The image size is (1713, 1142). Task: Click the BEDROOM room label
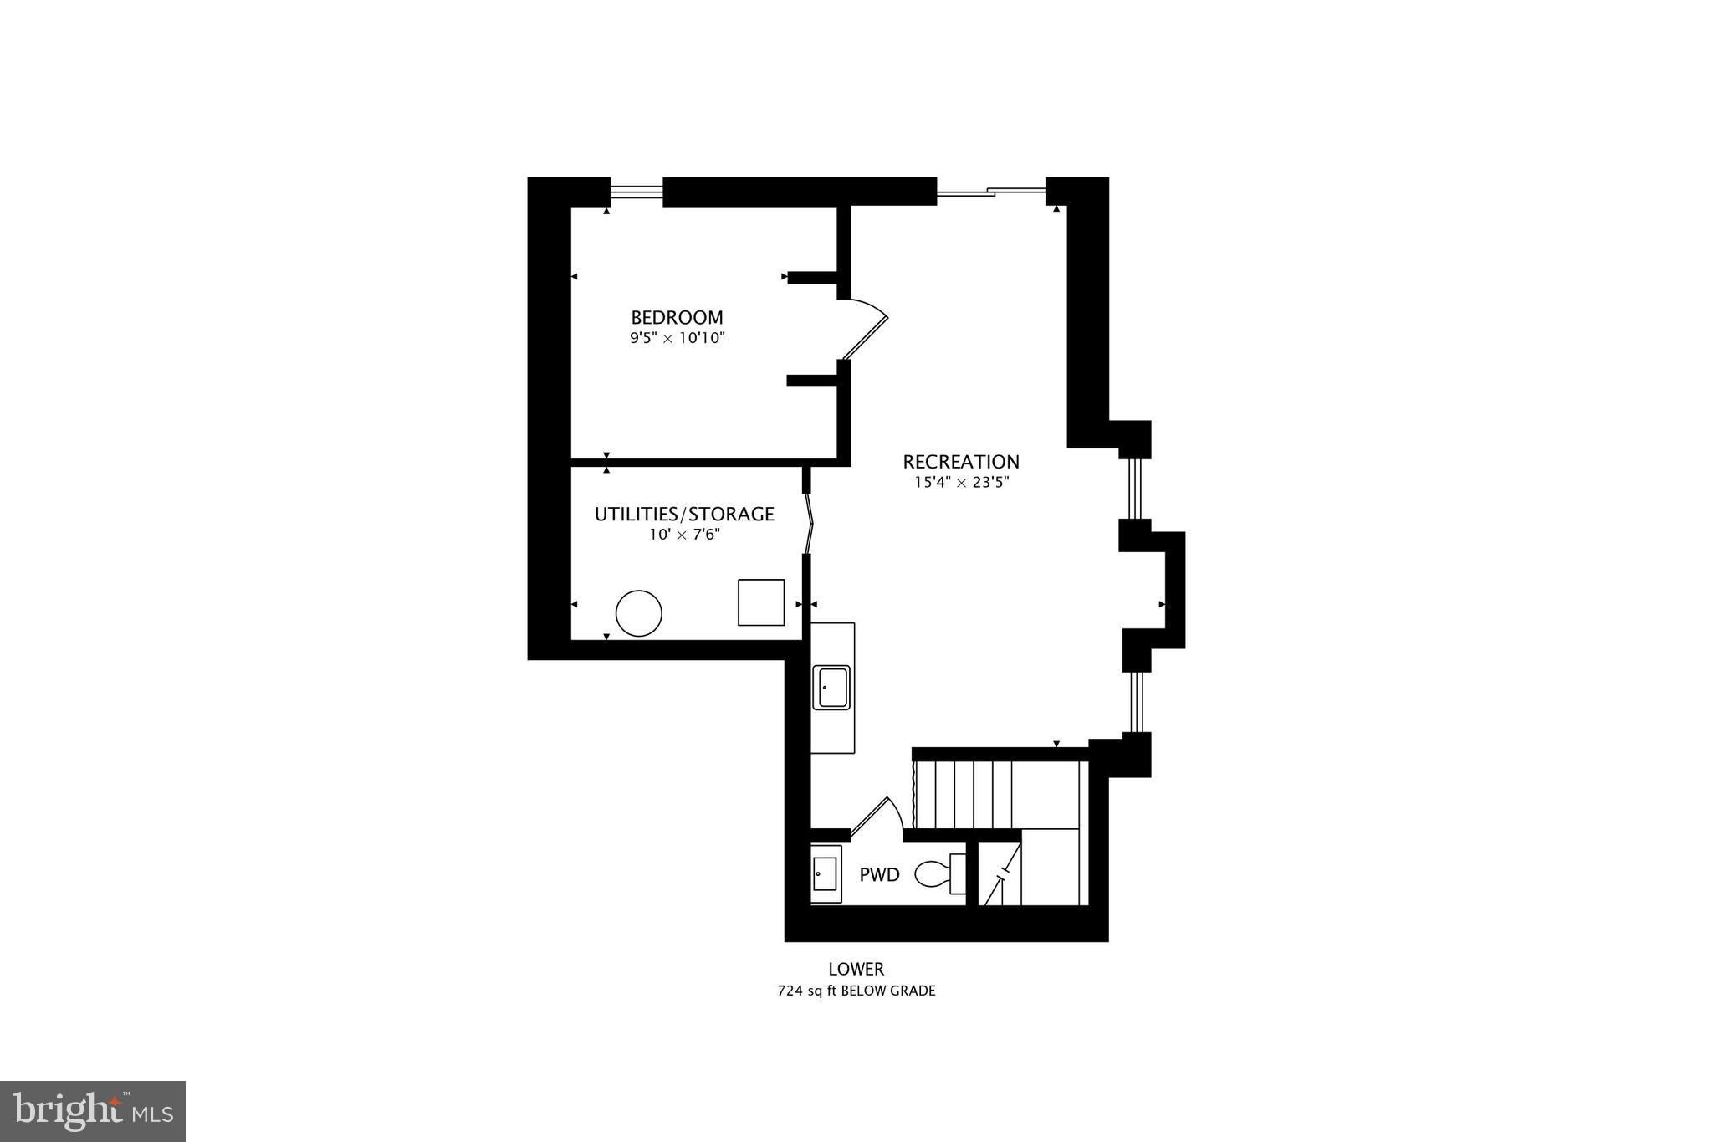coord(677,318)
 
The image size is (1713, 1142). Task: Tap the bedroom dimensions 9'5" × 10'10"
coord(677,339)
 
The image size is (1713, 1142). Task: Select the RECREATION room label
coord(961,462)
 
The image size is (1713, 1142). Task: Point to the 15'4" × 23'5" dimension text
coord(961,483)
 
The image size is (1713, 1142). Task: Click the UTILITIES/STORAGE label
coord(684,514)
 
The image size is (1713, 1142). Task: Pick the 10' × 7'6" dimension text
coord(684,535)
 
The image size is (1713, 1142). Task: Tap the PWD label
coord(880,875)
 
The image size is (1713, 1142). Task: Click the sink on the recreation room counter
coord(832,688)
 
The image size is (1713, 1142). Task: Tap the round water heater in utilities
coord(639,613)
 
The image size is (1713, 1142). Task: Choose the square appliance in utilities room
coord(761,602)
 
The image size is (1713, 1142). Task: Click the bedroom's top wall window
coord(636,193)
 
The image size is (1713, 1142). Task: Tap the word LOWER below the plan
coord(856,969)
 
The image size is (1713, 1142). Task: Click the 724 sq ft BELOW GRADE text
coord(856,991)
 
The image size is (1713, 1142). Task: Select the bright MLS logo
coord(93,1111)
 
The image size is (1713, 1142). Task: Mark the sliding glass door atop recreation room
coord(991,193)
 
